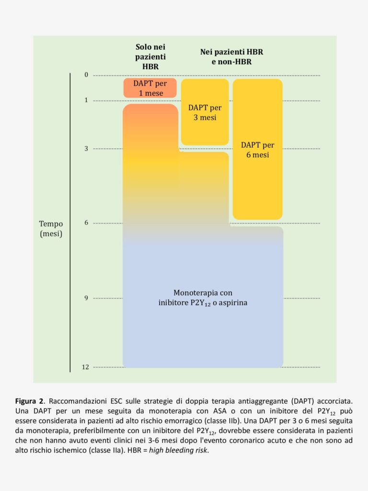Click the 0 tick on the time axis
(86, 75)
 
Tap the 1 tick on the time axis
(86, 100)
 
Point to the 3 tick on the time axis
(86, 149)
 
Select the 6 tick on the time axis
(86, 223)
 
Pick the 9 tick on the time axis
(86, 298)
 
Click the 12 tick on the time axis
(85, 367)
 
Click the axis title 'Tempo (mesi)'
(51, 229)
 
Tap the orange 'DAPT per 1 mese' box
(150, 88)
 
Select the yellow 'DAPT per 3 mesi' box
(205, 112)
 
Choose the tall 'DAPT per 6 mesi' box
(257, 150)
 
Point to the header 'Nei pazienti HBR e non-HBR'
(231, 57)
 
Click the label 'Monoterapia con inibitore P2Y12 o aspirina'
(203, 298)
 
